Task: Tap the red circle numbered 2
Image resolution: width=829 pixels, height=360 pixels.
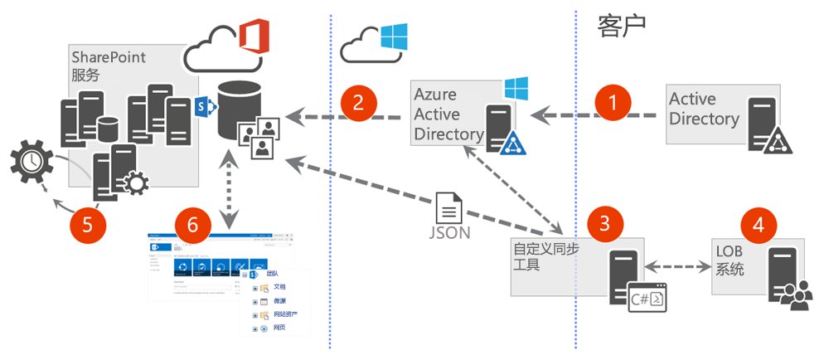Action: pyautogui.click(x=358, y=103)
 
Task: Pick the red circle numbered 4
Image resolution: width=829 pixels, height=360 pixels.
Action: pyautogui.click(x=759, y=224)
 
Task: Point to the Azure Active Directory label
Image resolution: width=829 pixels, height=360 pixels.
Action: pyautogui.click(x=448, y=114)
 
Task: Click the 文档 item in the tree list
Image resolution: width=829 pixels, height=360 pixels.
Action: pyautogui.click(x=279, y=287)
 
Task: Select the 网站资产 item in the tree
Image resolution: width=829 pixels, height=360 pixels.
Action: pyautogui.click(x=286, y=314)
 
